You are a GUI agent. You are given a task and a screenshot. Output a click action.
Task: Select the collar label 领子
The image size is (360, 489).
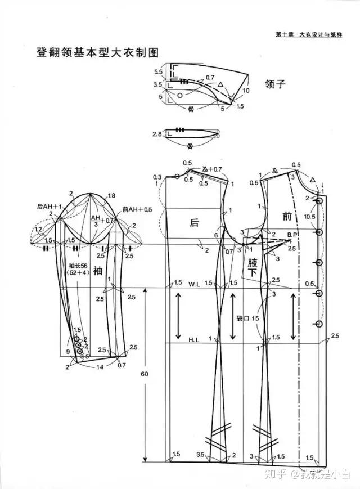[x=276, y=84]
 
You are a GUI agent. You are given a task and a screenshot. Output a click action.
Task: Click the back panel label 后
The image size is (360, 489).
[x=194, y=222]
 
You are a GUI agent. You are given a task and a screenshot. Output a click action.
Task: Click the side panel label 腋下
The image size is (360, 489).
[x=253, y=268]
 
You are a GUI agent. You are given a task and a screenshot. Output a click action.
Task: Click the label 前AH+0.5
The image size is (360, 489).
[x=137, y=209]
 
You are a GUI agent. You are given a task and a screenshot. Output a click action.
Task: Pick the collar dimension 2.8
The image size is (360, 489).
[x=156, y=134]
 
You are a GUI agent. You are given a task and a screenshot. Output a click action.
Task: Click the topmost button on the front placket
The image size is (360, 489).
[x=319, y=201]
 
